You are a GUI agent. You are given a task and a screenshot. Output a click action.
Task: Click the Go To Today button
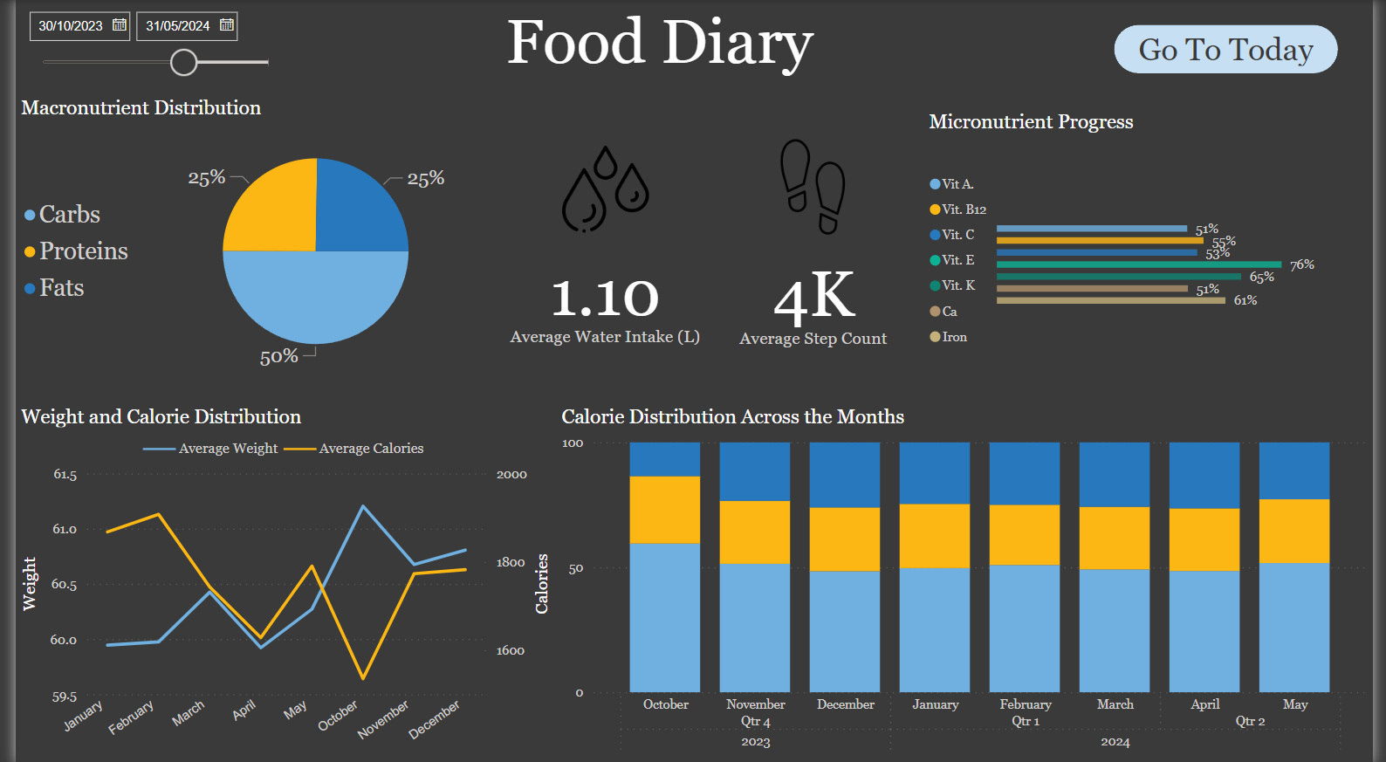tap(1225, 50)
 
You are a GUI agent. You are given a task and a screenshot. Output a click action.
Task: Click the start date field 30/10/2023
tap(71, 26)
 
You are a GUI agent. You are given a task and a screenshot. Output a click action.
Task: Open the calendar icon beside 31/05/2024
tap(227, 25)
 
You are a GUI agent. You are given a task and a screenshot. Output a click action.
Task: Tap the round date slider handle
tap(183, 62)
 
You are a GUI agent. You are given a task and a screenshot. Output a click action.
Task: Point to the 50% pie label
tap(278, 356)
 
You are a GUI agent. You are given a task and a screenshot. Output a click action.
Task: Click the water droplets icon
tap(605, 189)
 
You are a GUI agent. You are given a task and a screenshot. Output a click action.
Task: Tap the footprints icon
tap(813, 186)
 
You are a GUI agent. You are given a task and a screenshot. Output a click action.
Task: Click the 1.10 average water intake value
tap(605, 299)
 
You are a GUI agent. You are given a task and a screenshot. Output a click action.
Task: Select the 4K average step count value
tap(813, 297)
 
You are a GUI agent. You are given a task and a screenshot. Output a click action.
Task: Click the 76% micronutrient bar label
tap(1301, 264)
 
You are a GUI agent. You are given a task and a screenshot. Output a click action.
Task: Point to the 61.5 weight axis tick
tap(65, 475)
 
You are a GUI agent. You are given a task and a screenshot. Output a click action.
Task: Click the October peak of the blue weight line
tap(362, 506)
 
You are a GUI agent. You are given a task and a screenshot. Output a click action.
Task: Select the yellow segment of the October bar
tap(665, 510)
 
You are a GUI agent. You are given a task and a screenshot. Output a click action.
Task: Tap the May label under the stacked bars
tap(1295, 704)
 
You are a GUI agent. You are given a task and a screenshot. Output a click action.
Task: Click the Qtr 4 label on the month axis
tap(756, 722)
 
